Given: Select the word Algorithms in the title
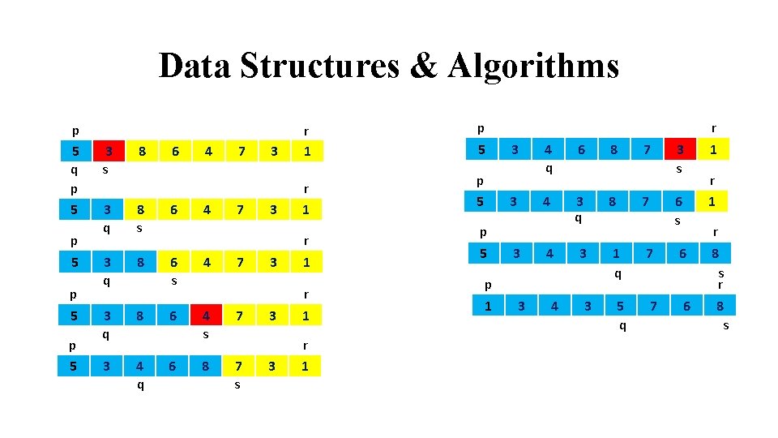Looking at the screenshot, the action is (x=534, y=66).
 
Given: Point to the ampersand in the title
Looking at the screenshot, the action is (x=424, y=66).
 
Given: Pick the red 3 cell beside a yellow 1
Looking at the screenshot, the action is (x=680, y=149).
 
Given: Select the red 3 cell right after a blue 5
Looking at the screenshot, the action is (x=109, y=151).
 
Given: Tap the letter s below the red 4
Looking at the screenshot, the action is (x=207, y=333).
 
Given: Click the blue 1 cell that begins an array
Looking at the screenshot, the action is (x=488, y=305).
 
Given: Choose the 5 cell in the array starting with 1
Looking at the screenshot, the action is (x=620, y=305).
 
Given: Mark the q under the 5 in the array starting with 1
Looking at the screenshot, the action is (x=621, y=325).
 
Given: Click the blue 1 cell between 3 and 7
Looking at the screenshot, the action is (x=616, y=253).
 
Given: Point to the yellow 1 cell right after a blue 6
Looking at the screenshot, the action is (x=713, y=201).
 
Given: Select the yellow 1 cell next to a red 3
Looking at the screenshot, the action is (x=713, y=149).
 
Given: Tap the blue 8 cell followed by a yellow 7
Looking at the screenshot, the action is (x=206, y=366).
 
